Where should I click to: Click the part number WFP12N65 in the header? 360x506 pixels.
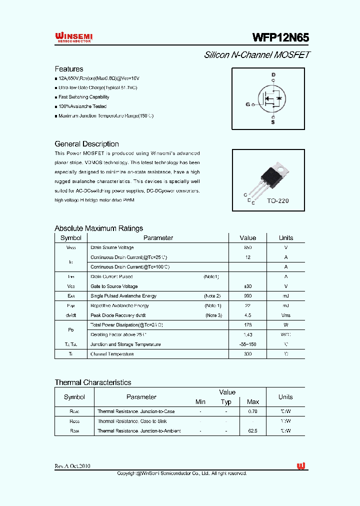point(280,38)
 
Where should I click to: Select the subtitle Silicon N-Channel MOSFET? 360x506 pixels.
point(257,55)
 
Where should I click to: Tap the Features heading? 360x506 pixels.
point(69,69)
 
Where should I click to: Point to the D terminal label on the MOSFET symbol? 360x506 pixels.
point(273,75)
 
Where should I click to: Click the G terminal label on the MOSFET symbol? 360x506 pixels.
point(247,104)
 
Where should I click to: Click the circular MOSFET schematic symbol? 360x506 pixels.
point(270,99)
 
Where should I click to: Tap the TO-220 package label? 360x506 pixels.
point(277,200)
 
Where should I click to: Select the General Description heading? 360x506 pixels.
point(86,144)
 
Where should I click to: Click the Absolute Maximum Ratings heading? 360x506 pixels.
point(98,228)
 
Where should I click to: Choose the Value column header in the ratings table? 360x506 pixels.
point(247,238)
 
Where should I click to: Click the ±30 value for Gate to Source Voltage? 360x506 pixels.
point(247,286)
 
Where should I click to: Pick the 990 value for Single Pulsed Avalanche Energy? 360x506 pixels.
point(247,296)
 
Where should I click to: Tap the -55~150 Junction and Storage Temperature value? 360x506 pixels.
point(247,344)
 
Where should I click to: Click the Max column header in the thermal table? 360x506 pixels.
point(253,402)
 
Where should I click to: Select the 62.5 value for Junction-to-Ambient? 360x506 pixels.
point(253,431)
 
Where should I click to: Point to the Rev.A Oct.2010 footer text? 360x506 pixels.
point(72,466)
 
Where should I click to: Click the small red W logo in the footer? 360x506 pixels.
point(300,466)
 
